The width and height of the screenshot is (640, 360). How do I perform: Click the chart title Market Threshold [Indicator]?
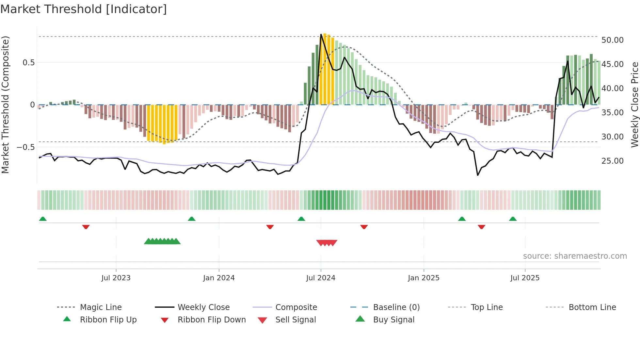click(84, 9)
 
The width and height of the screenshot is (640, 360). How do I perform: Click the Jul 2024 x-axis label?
click(321, 278)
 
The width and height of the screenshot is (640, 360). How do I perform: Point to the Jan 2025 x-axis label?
click(424, 278)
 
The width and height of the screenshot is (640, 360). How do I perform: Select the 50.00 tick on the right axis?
click(612, 40)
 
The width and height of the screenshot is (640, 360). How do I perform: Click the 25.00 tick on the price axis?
click(612, 161)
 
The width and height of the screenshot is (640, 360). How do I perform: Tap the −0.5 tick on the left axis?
click(26, 147)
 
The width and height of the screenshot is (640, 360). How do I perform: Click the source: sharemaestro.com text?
click(575, 256)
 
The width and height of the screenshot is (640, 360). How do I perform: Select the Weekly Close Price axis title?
click(634, 105)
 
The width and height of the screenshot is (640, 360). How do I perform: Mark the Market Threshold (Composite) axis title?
click(5, 105)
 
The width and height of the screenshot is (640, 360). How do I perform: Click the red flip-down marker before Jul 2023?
click(86, 227)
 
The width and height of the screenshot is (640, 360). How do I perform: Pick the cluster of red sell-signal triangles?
click(327, 243)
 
